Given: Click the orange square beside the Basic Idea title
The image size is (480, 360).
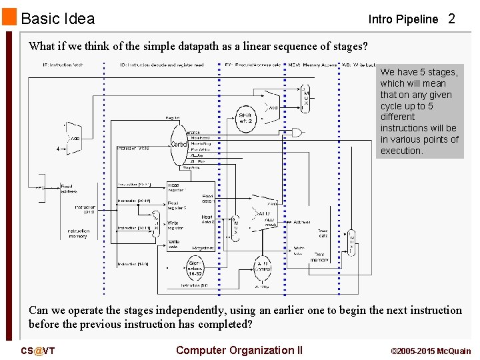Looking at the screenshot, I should pos(10,17).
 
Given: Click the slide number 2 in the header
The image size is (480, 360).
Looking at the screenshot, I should pos(451,19).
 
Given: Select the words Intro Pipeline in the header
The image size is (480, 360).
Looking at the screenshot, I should pos(403,19).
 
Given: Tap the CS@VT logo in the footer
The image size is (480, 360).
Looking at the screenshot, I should pos(38,351).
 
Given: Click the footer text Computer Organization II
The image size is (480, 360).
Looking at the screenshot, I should pos(239,351).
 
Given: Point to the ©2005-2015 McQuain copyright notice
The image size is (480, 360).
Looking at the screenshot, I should pos(431,351).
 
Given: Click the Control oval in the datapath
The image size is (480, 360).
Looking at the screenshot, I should pos(179,144).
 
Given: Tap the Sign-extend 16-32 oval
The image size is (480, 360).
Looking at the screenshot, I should pos(195,269).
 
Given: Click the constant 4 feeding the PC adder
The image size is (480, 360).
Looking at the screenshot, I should pos(58,149).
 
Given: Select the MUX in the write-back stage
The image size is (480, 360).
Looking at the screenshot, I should pos(352,244).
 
